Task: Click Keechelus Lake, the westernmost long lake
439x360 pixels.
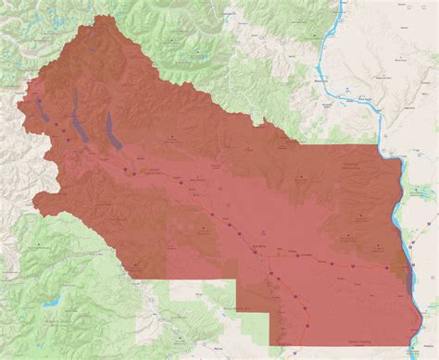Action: tap(44, 109)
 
